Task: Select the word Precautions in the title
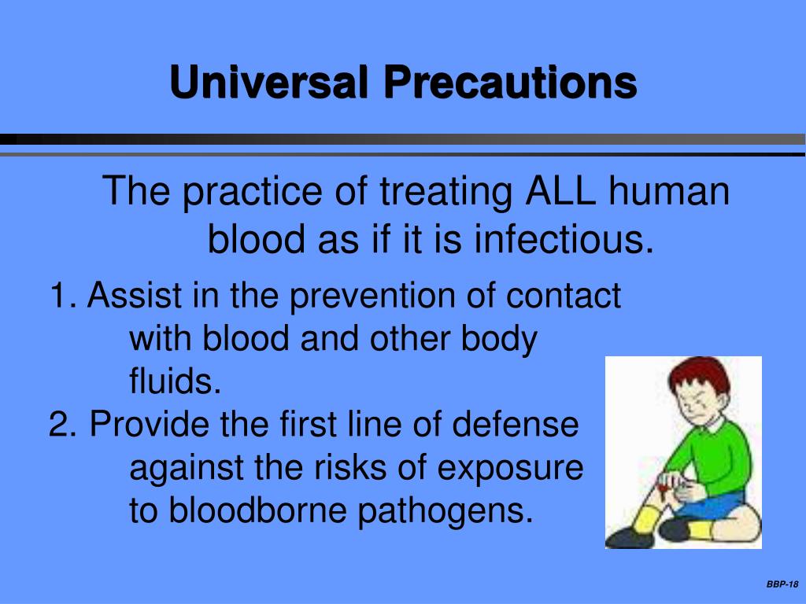click(511, 83)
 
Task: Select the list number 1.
click(61, 296)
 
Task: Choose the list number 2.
click(61, 425)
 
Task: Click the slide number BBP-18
click(782, 584)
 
